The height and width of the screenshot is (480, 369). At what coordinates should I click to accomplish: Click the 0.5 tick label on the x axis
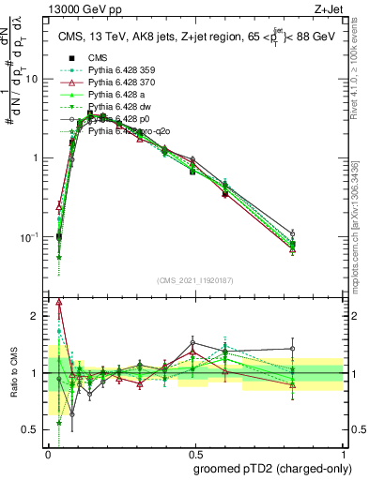tap(196, 453)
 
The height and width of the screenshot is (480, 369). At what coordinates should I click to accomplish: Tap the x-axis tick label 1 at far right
tap(345, 453)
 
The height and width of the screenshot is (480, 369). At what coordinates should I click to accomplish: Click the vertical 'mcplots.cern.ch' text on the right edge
tap(360, 234)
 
